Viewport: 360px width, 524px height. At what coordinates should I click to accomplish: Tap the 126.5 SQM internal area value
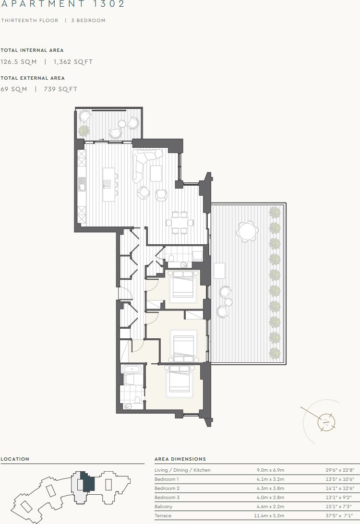[x=19, y=62]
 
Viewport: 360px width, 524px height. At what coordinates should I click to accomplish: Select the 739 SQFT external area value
[x=60, y=89]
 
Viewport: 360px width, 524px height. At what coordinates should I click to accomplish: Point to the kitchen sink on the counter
[x=82, y=183]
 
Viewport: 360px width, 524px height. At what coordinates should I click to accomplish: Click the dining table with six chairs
[x=180, y=222]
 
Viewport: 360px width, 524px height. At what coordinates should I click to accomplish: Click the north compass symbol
[x=326, y=422]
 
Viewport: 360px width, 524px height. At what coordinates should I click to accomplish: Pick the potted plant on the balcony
[x=84, y=130]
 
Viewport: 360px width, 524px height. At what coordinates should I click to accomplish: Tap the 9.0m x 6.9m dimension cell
[x=271, y=470]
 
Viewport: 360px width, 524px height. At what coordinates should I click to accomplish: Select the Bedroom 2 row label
[x=167, y=488]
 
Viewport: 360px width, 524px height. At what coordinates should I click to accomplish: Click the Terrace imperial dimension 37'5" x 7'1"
[x=339, y=516]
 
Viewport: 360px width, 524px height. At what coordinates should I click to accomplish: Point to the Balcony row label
[x=163, y=507]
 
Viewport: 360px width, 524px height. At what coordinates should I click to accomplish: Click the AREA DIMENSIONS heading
[x=180, y=459]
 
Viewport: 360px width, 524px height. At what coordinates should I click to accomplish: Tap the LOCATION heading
[x=15, y=459]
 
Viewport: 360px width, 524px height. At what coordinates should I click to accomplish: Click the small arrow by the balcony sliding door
[x=101, y=140]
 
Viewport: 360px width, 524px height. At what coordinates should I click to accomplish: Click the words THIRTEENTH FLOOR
[x=30, y=21]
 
